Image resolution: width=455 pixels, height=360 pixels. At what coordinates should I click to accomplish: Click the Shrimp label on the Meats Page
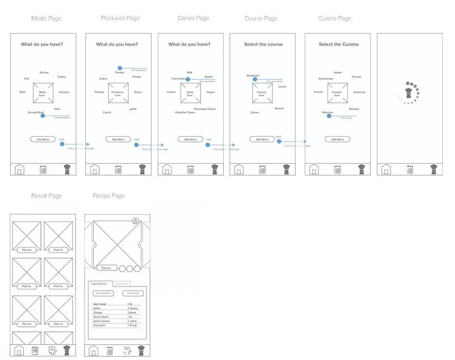click(x=44, y=72)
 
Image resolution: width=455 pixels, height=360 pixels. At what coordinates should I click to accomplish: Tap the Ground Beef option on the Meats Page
click(x=35, y=112)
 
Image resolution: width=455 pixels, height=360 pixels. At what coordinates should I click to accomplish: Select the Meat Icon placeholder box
click(x=43, y=93)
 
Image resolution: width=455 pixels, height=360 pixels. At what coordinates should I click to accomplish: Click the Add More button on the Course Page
click(x=262, y=139)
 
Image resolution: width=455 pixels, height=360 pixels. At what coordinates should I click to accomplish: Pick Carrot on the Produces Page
click(x=107, y=112)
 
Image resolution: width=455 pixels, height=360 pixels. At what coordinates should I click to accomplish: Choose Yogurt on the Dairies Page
click(x=210, y=92)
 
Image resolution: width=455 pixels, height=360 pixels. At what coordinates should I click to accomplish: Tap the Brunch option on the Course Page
click(x=279, y=108)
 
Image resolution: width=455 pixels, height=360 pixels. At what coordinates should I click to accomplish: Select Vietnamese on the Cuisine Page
click(x=326, y=79)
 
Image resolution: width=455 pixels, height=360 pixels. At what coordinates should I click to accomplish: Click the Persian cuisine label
click(x=357, y=77)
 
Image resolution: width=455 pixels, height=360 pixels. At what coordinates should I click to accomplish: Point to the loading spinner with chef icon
click(x=409, y=93)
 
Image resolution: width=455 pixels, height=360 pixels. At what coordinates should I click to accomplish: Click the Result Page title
click(x=46, y=196)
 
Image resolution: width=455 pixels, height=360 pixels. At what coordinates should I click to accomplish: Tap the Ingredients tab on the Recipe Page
click(x=99, y=284)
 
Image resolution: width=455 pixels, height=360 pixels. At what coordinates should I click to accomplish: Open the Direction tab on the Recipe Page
click(x=122, y=284)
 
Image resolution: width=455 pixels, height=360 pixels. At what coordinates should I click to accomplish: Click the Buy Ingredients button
click(x=103, y=294)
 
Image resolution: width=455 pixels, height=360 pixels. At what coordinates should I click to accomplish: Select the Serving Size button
click(x=133, y=294)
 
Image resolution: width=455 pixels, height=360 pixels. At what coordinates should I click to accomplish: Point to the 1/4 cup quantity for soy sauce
click(x=132, y=325)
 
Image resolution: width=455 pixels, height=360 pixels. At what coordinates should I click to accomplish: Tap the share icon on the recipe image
click(x=135, y=221)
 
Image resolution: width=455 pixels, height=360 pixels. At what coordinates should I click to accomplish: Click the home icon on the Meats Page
click(x=19, y=170)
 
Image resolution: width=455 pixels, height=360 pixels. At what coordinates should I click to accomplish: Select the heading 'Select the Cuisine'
click(x=339, y=45)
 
